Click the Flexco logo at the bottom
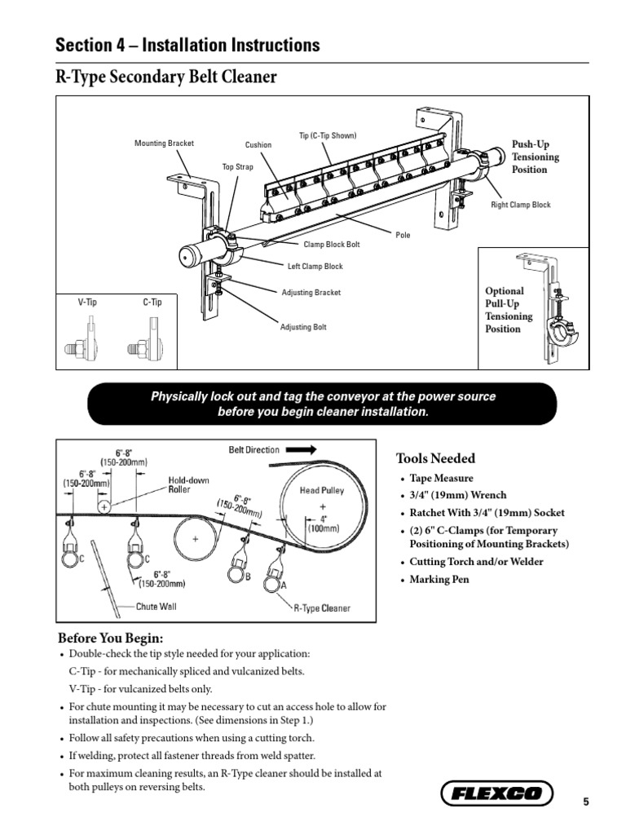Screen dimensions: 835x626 [496, 793]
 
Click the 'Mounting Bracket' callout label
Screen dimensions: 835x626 [165, 144]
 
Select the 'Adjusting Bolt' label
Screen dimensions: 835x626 [303, 327]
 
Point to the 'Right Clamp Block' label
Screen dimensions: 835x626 [520, 205]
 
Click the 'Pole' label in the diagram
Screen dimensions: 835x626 [403, 236]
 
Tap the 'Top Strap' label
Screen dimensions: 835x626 [238, 167]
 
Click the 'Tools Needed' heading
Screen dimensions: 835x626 [435, 458]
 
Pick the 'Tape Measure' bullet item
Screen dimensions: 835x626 [441, 479]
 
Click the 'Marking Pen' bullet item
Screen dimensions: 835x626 [440, 580]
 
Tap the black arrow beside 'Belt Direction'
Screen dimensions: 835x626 [302, 449]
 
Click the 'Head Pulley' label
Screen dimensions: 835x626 [323, 490]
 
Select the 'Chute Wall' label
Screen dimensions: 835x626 [156, 606]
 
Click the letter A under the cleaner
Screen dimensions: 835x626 [283, 585]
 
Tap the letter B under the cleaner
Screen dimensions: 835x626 [248, 577]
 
